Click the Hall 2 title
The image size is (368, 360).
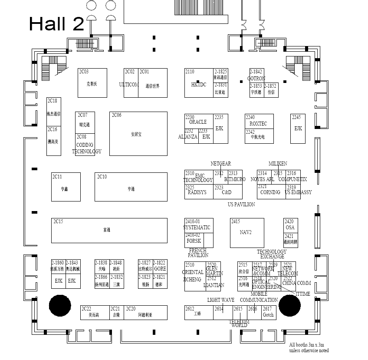(56, 24)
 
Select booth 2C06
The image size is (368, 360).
(138, 134)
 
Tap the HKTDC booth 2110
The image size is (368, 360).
(199, 83)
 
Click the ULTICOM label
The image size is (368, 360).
(129, 85)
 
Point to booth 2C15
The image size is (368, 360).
(109, 230)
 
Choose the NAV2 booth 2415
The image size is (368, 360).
(246, 233)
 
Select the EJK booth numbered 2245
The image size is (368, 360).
(298, 129)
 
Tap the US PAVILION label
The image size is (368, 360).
(241, 204)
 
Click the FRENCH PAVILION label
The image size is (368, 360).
(198, 253)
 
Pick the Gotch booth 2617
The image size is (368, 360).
(268, 313)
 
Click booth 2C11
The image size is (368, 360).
(66, 187)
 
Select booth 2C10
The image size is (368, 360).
(131, 187)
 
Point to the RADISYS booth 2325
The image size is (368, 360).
(198, 192)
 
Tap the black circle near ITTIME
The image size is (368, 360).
(289, 304)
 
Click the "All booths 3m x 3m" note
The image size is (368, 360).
(309, 347)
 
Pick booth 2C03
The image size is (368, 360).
(92, 83)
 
